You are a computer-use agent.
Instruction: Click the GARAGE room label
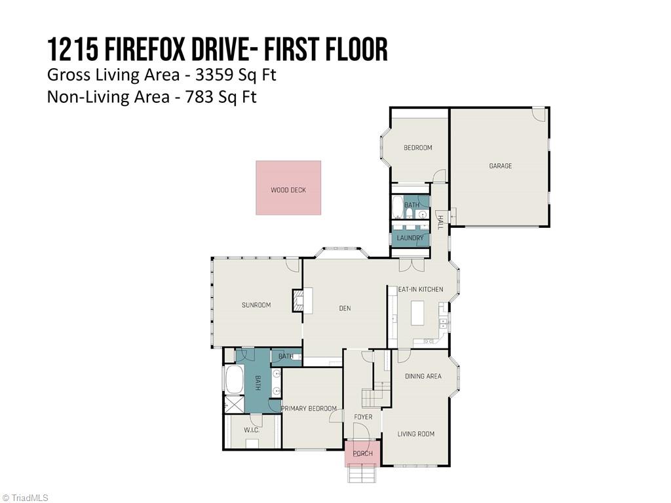[x=500, y=166]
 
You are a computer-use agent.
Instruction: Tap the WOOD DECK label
[x=288, y=191]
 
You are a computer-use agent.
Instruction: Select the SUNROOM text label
[x=256, y=305]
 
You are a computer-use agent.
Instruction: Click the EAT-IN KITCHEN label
[x=421, y=289]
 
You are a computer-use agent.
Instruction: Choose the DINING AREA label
[x=423, y=377]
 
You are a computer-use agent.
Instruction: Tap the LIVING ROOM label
[x=415, y=434]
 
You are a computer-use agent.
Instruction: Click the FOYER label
[x=363, y=417]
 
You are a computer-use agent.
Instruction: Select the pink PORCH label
[x=362, y=453]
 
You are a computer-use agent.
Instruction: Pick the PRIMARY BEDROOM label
[x=309, y=409]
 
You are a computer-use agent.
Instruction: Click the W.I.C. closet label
[x=252, y=430]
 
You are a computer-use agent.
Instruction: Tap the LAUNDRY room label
[x=410, y=238]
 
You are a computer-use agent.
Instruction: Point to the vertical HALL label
[x=440, y=222]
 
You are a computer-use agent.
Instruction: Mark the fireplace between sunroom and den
[x=299, y=301]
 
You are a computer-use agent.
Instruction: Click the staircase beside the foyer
[x=372, y=397]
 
